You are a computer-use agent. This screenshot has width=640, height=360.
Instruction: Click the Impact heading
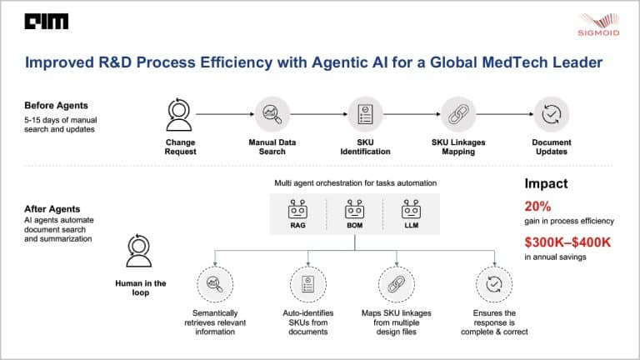tap(546, 184)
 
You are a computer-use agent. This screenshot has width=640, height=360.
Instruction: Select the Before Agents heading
tap(53, 106)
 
